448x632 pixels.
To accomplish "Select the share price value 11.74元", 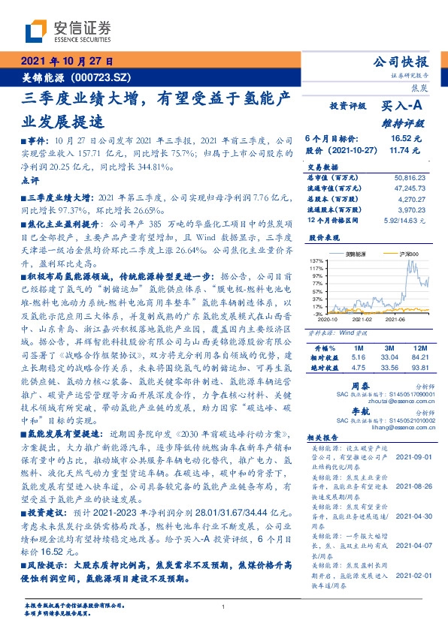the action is (x=406, y=150).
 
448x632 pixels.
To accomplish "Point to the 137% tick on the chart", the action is (x=314, y=259).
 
